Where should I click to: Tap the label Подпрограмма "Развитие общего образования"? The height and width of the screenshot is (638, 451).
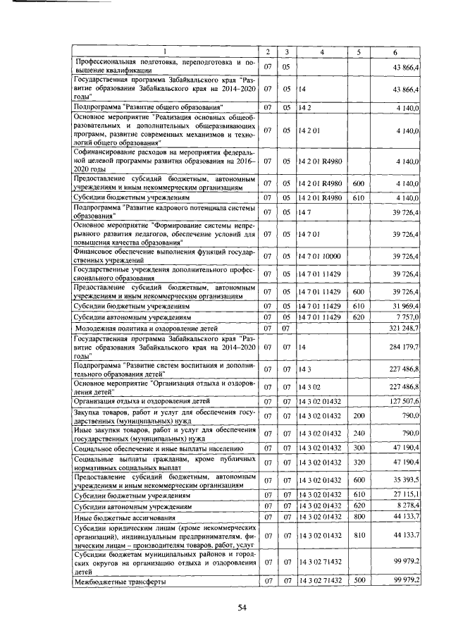coord(148,106)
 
